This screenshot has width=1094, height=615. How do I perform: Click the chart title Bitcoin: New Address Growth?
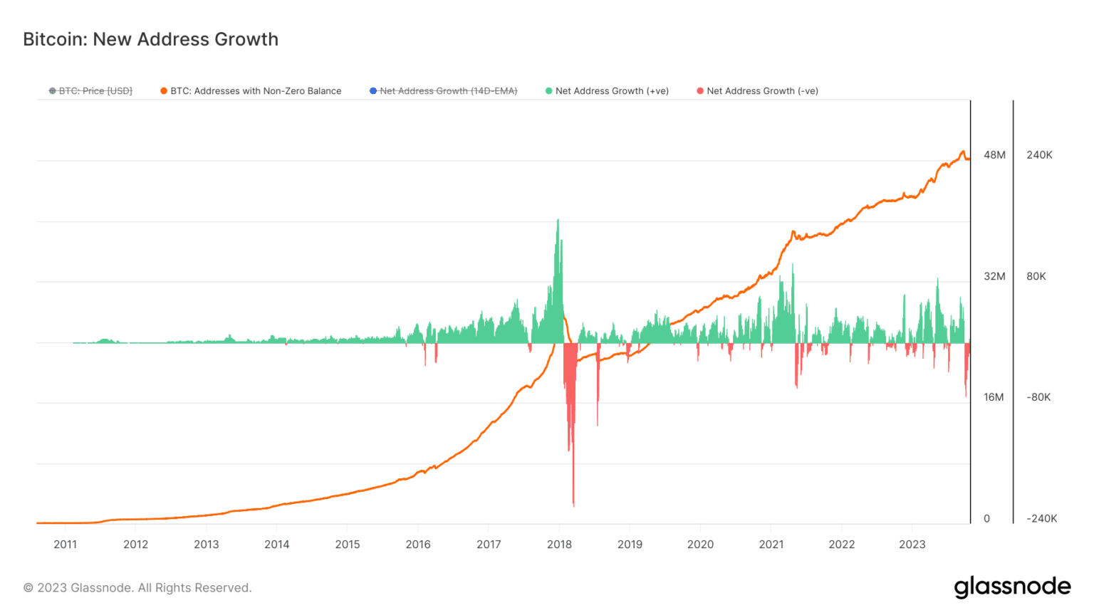pos(150,39)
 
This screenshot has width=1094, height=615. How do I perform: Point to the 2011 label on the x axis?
pos(65,545)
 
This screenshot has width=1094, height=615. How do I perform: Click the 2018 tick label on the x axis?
pos(559,545)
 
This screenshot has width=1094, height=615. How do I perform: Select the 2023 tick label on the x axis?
pos(912,545)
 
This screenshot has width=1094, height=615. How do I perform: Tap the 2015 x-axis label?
pos(348,545)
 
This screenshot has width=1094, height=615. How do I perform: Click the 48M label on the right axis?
pos(994,155)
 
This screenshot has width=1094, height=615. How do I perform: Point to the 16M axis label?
pos(994,397)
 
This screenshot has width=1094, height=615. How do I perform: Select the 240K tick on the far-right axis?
pos(1039,155)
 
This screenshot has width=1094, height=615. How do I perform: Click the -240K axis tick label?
pos(1041,519)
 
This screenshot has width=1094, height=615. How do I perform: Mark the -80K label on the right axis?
pos(1038,397)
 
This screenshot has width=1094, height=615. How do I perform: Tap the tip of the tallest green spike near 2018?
pos(558,220)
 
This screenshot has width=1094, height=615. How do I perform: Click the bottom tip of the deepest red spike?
pos(573,506)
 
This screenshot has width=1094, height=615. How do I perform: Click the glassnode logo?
pos(1012,587)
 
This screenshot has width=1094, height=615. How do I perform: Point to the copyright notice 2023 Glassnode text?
pos(137,588)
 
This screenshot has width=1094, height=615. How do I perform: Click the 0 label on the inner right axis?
pos(986,519)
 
